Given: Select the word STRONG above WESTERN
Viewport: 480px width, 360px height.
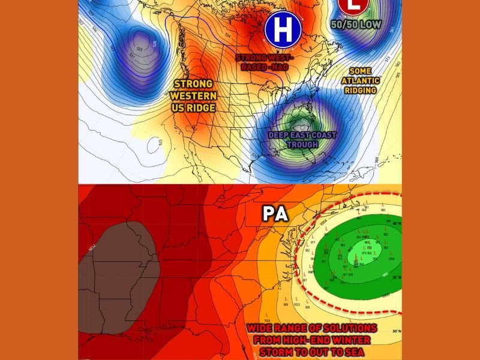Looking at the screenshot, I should pos(193,83).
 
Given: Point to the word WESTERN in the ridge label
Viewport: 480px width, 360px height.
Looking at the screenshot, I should pos(193,95).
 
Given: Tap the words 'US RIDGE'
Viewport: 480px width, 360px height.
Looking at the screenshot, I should pos(193,107).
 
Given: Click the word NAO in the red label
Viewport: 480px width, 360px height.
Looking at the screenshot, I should pos(280,67).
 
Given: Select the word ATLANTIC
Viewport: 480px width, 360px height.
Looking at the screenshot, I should pos(360,80).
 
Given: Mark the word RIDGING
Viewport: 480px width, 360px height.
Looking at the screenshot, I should pos(360,91).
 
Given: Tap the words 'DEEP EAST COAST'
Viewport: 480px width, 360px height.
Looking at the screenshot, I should pos(302,135).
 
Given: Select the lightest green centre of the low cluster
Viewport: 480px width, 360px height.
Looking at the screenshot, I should pos(362,254).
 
